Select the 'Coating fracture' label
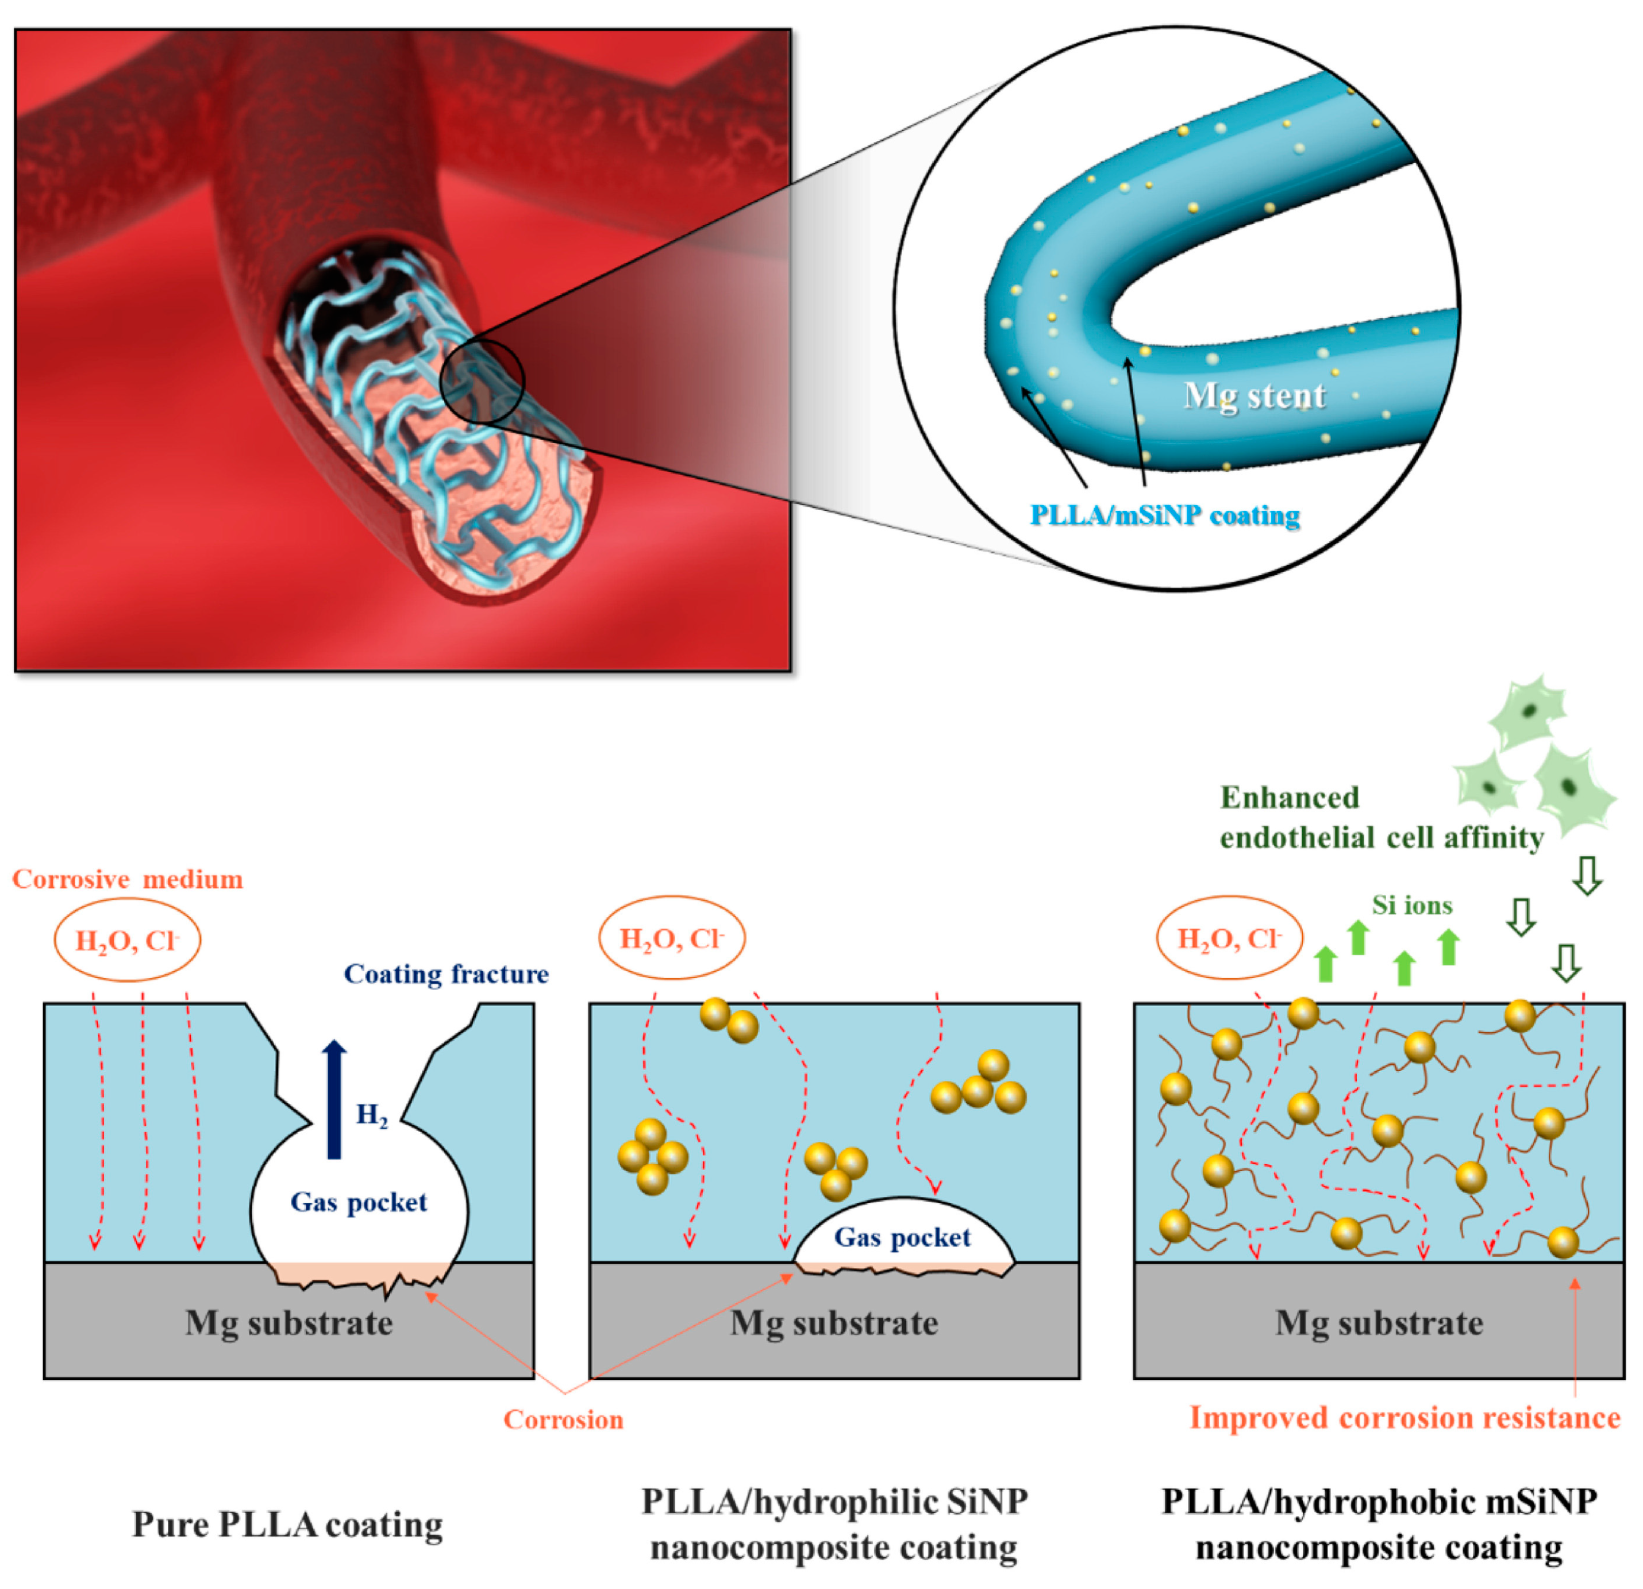[446, 974]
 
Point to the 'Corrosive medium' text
[128, 879]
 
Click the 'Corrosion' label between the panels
[563, 1419]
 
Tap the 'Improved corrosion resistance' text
[1405, 1418]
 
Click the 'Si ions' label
[1411, 905]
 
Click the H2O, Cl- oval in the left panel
[128, 940]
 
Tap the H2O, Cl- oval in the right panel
[1230, 938]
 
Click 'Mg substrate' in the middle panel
[834, 1323]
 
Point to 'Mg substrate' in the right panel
[1379, 1323]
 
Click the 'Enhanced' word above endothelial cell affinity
[1289, 797]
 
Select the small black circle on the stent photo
[482, 382]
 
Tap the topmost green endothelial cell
[1528, 713]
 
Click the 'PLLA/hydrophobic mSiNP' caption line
[1379, 1501]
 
